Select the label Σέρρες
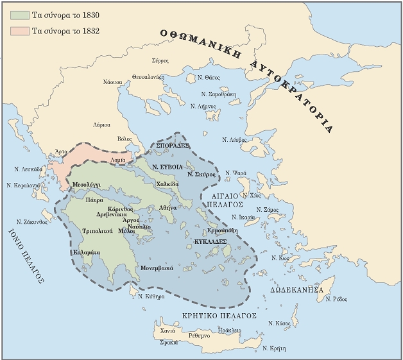click(160, 60)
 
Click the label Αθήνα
click(167, 209)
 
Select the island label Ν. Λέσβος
click(235, 139)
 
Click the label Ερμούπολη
click(223, 230)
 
